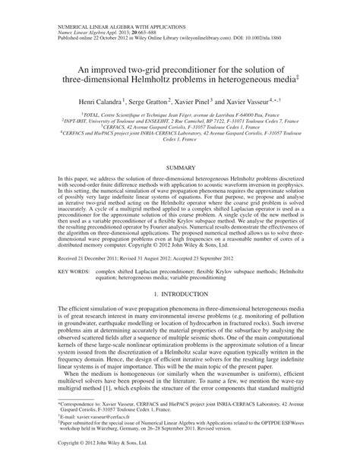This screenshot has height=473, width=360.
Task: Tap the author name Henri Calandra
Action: coord(97,99)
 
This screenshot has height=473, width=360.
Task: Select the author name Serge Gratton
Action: coord(148,99)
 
